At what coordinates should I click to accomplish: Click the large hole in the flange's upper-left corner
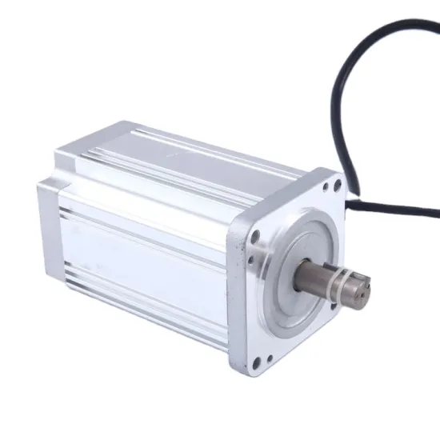(255, 237)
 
